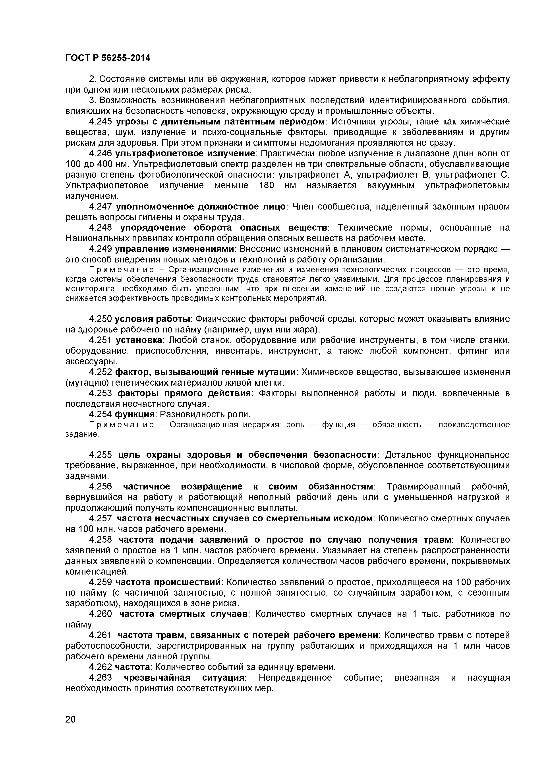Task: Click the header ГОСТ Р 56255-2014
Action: click(108, 58)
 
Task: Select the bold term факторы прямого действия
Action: click(184, 393)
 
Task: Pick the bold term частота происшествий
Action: click(168, 582)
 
